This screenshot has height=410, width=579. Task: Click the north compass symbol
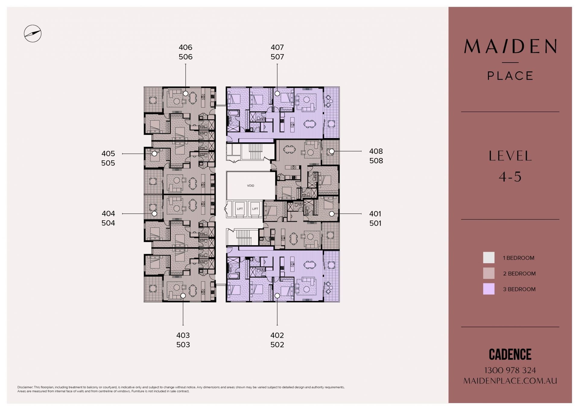(x=33, y=33)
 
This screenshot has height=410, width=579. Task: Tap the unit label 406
(x=185, y=47)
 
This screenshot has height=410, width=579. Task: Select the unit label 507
(x=277, y=57)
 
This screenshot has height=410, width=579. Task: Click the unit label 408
(x=376, y=151)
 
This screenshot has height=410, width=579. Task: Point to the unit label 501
(x=375, y=223)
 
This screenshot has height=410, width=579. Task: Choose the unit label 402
(x=277, y=335)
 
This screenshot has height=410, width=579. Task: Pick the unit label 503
(x=183, y=345)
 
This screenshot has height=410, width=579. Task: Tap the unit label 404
(x=108, y=214)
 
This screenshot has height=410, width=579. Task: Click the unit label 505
(x=108, y=163)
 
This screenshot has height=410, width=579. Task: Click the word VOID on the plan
(x=251, y=186)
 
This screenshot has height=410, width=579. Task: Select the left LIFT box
(x=240, y=209)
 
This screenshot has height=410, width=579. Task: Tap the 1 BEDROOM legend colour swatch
(x=489, y=258)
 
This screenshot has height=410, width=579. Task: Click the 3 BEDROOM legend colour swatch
(x=489, y=289)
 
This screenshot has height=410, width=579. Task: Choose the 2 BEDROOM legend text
(x=519, y=273)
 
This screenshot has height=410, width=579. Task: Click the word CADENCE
(x=510, y=354)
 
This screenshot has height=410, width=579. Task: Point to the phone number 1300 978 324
(x=510, y=370)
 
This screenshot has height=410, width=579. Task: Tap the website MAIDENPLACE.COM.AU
(x=510, y=381)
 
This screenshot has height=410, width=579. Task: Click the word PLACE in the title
(x=510, y=76)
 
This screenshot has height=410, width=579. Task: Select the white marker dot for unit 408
(x=332, y=151)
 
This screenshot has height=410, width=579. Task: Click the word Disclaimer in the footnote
(x=25, y=387)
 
